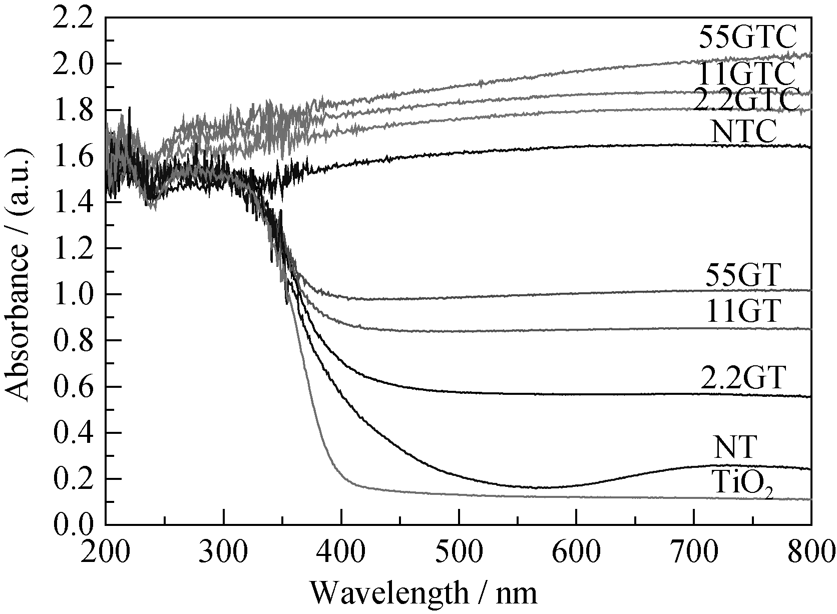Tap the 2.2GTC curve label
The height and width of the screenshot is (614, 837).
point(744,100)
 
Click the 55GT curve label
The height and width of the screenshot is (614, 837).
point(743,275)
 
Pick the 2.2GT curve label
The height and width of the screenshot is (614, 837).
point(741,378)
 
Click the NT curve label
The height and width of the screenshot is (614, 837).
point(733,447)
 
